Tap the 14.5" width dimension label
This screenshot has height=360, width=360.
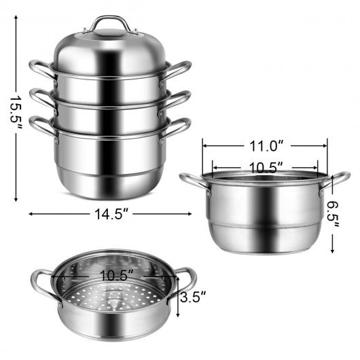tap(111, 213)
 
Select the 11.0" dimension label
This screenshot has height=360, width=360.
tap(264, 145)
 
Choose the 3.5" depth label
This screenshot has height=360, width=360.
tap(194, 296)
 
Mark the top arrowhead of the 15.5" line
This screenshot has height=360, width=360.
tap(15, 18)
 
